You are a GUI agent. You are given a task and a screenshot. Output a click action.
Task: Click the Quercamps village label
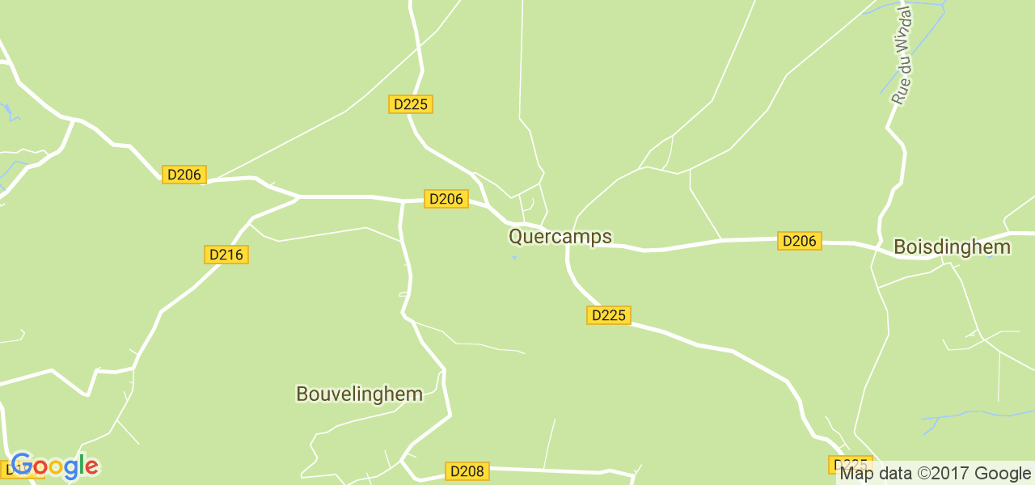[x=560, y=236]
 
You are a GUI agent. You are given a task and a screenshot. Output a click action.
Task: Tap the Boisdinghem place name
[x=952, y=247]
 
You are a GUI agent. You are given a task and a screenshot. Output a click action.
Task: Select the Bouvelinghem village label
[x=359, y=394]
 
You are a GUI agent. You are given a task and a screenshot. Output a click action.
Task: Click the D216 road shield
[x=226, y=255]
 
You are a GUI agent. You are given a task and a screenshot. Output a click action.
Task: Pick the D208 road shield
[x=467, y=471]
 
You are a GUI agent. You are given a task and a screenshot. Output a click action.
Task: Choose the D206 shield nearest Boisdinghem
[x=799, y=240]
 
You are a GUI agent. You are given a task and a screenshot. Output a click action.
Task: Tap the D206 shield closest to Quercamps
[x=446, y=199]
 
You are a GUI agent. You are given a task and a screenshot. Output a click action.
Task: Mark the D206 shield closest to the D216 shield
[x=184, y=175]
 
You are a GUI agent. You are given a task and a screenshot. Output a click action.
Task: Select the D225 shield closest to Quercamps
[x=608, y=315]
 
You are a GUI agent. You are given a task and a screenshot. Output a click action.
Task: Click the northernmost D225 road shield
[x=411, y=104]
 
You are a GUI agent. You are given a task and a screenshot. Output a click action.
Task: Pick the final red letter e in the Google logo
[x=91, y=467]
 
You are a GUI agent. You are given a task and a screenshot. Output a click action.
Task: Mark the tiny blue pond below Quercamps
[x=514, y=259]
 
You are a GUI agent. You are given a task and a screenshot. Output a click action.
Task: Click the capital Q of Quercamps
[x=516, y=236]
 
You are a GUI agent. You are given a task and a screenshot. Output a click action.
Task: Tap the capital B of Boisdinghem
[x=899, y=247]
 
